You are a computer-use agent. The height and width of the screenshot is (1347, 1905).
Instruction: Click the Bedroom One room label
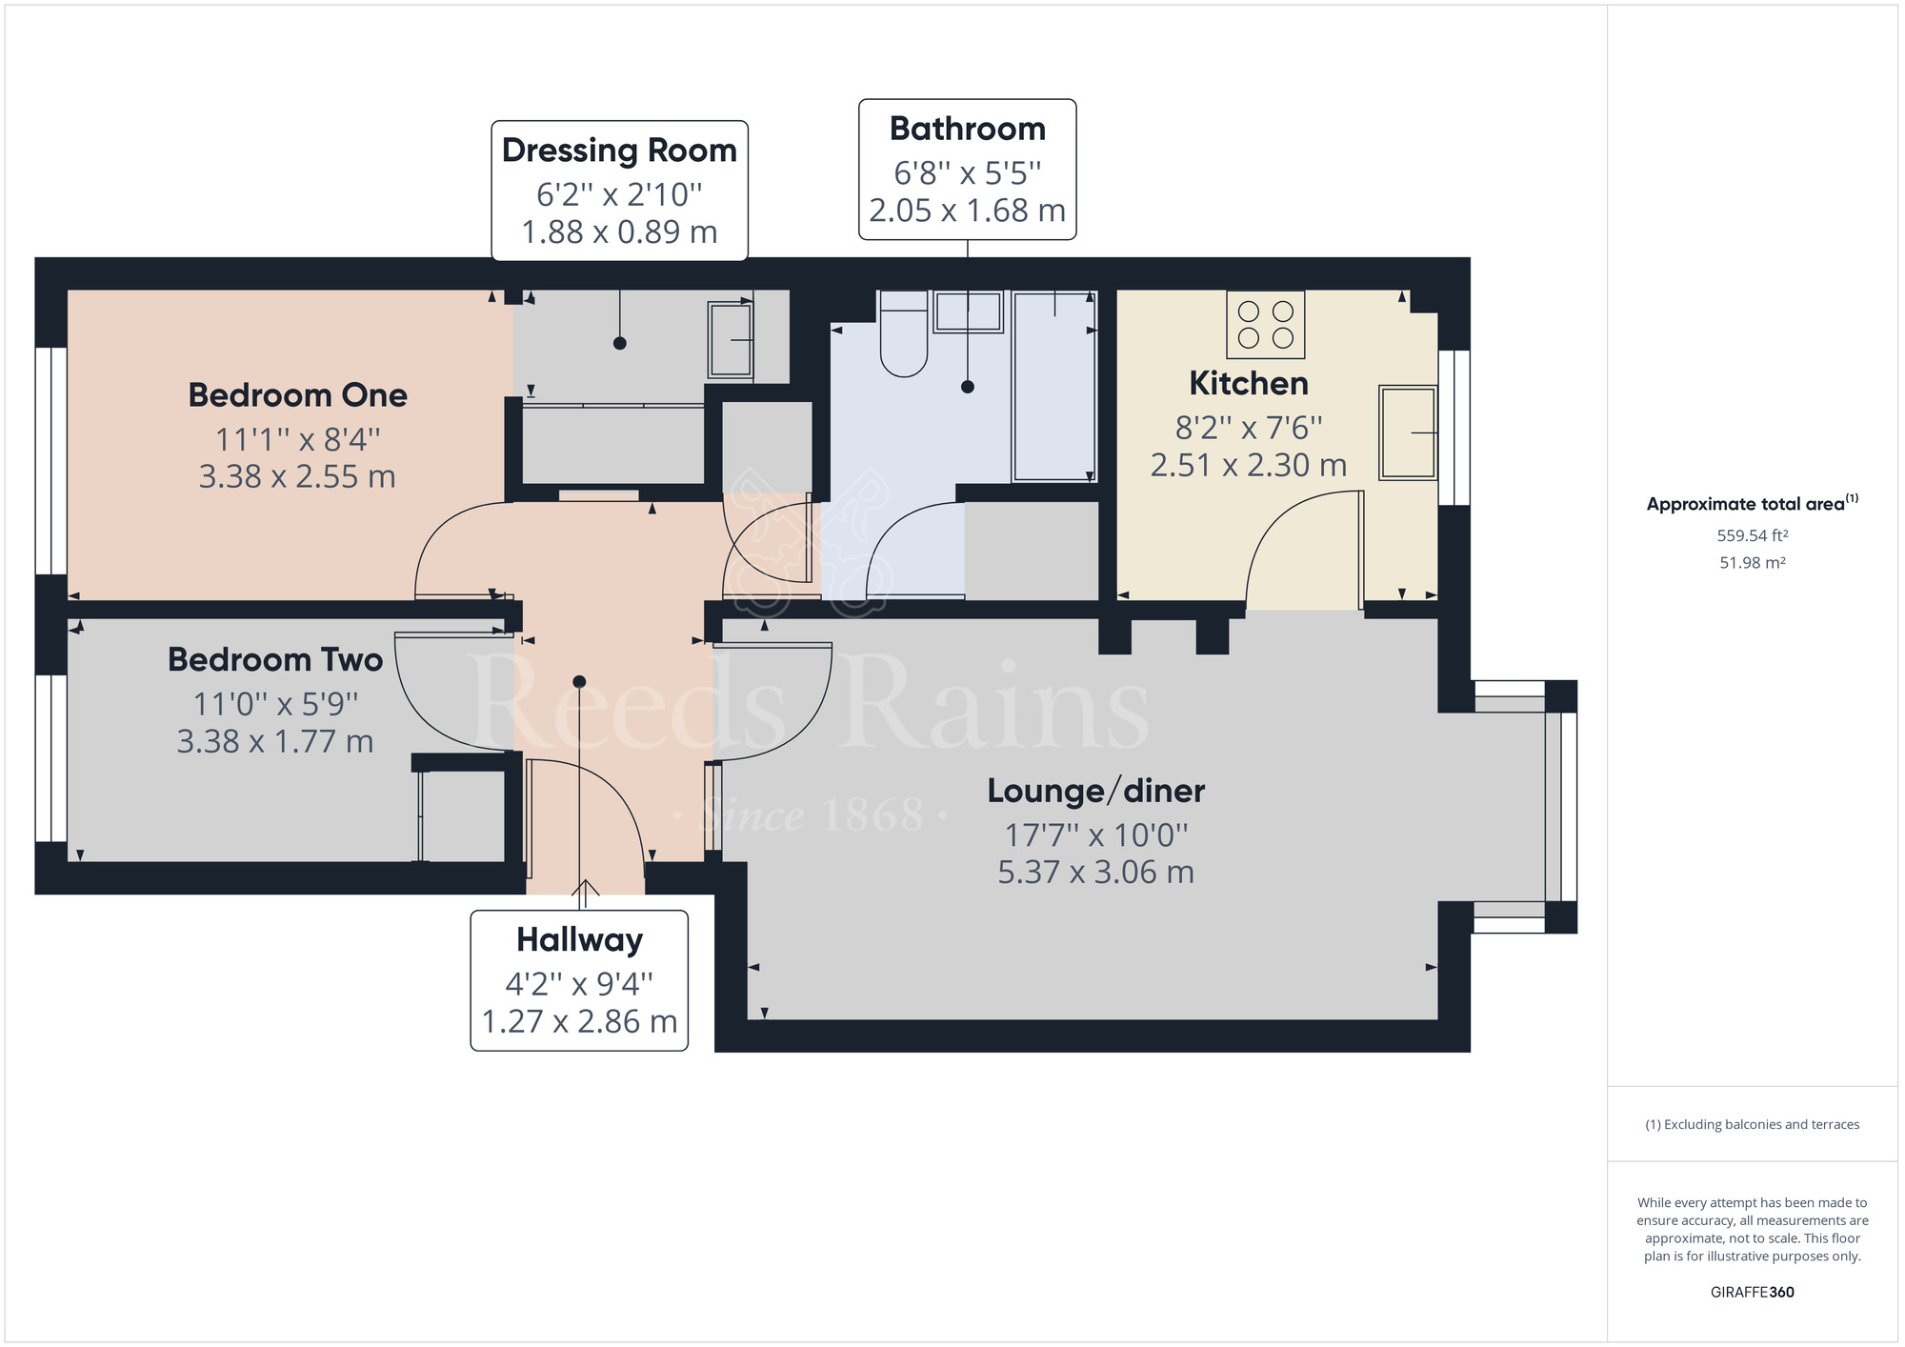tap(297, 395)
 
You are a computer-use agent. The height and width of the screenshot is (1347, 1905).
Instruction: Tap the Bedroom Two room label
tap(275, 659)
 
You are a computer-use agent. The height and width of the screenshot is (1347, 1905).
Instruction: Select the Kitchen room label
tap(1248, 383)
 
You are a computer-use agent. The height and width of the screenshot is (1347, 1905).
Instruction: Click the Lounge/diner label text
tap(1095, 791)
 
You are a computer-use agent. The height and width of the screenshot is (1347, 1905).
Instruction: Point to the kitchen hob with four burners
tap(1265, 325)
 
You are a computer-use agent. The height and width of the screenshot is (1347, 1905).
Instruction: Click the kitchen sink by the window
tap(1407, 432)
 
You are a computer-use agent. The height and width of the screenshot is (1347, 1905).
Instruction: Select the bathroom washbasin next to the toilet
tap(968, 312)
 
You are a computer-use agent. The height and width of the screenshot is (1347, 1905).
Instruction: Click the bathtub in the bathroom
tap(1053, 386)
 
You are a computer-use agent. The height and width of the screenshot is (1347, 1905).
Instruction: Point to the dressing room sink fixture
tap(731, 339)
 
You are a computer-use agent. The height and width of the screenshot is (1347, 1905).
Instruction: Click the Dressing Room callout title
tap(619, 151)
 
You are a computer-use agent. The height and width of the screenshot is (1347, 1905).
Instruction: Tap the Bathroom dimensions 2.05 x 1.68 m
tap(967, 211)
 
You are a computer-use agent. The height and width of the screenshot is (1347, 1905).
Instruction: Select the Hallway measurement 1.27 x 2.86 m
tap(579, 1021)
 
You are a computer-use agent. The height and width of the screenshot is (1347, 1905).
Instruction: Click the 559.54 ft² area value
tap(1752, 535)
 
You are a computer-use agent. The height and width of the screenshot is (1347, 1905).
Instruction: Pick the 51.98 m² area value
tap(1752, 563)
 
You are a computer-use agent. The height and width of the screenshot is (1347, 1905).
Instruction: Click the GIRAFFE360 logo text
tap(1752, 1292)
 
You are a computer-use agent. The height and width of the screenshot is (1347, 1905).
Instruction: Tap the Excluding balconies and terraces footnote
tap(1752, 1124)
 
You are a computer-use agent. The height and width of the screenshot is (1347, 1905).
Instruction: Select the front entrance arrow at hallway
tap(585, 888)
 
